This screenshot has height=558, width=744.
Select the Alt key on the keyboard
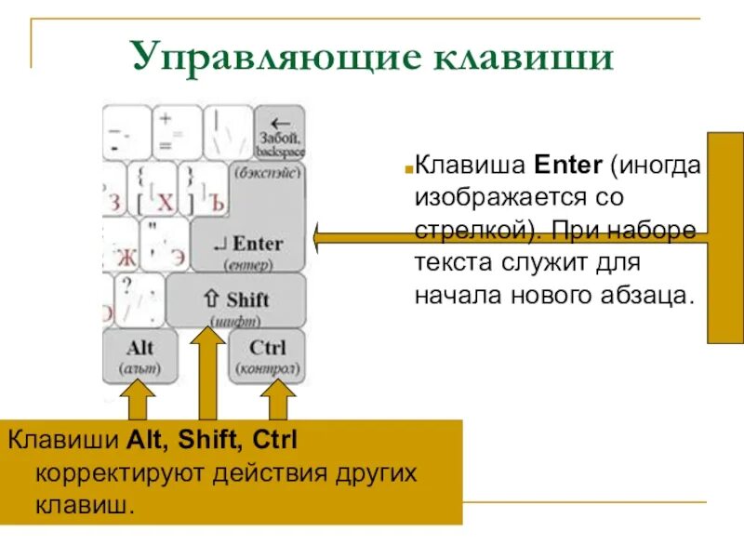139,355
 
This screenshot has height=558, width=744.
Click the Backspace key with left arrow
280,131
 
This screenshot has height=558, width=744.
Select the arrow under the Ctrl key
276,402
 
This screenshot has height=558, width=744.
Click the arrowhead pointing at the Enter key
322,238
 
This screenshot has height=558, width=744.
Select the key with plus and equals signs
176,131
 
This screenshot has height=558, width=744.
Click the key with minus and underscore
126,131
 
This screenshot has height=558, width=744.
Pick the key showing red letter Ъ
203,189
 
